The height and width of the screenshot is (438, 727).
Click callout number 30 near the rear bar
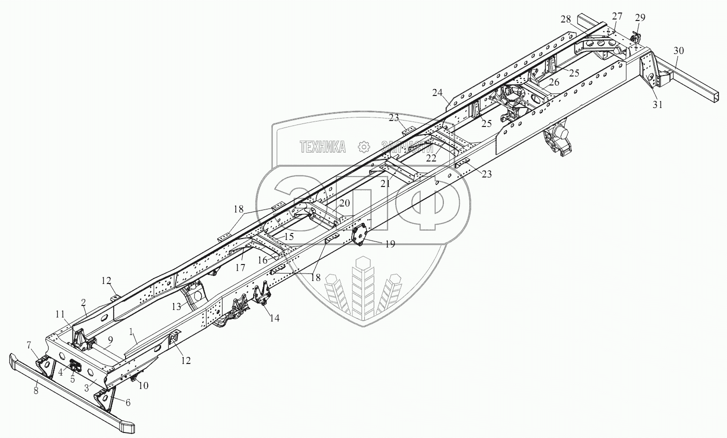pyautogui.click(x=678, y=51)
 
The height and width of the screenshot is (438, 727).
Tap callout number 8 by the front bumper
pyautogui.click(x=36, y=390)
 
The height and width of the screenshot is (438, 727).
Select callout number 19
pyautogui.click(x=390, y=244)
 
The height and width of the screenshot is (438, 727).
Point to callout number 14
pyautogui.click(x=275, y=318)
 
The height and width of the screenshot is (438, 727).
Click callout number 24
pyautogui.click(x=437, y=93)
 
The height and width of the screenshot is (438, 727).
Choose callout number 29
pyautogui.click(x=640, y=17)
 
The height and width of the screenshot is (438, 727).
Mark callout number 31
pyautogui.click(x=657, y=104)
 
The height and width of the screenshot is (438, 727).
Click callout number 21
pyautogui.click(x=385, y=184)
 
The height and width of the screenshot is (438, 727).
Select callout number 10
pyautogui.click(x=143, y=385)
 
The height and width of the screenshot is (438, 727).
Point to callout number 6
pyautogui.click(x=128, y=402)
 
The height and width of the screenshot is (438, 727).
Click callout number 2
pyautogui.click(x=84, y=302)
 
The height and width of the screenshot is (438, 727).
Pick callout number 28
pyautogui.click(x=566, y=19)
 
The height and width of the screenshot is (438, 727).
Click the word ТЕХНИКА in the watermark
pyautogui.click(x=323, y=147)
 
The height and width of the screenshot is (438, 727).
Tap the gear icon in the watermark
pyautogui.click(x=364, y=147)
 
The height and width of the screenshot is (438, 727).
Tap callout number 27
pyautogui.click(x=617, y=16)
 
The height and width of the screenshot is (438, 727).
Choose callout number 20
pyautogui.click(x=344, y=203)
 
